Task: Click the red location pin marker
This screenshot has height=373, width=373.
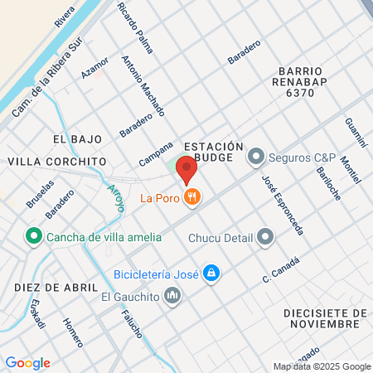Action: tap(186, 168)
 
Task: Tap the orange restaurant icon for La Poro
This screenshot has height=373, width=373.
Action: tap(192, 197)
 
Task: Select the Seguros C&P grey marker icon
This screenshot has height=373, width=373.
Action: tap(256, 157)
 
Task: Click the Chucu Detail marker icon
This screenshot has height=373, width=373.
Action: tap(265, 238)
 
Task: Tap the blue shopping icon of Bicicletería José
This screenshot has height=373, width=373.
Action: tap(212, 274)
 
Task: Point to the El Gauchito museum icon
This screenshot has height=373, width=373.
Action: tap(172, 294)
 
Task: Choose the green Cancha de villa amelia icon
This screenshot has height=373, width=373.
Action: tap(34, 237)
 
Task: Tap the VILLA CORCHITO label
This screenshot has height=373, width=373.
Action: tap(58, 161)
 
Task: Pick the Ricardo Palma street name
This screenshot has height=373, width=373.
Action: tap(135, 28)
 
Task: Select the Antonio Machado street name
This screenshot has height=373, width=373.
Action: tap(143, 86)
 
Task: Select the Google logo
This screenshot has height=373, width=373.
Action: tap(27, 362)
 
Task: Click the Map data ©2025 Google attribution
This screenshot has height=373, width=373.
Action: tap(322, 366)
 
